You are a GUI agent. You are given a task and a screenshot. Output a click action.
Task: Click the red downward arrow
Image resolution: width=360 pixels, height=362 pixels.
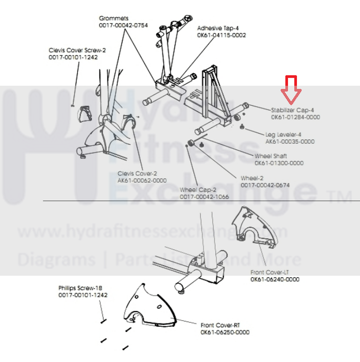[291, 89]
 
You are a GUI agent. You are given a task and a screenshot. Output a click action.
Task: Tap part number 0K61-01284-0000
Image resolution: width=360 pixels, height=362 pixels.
[295, 116]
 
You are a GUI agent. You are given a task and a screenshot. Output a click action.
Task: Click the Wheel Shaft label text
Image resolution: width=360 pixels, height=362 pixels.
[271, 156]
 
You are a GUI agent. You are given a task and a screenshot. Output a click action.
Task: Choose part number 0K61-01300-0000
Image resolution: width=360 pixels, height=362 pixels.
[279, 163]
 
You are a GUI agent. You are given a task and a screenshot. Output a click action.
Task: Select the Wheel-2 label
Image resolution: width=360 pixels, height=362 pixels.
[253, 178]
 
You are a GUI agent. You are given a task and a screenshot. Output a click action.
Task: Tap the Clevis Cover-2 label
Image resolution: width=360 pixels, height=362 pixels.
[137, 173]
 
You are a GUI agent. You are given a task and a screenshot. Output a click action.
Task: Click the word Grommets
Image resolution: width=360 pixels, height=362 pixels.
[113, 18]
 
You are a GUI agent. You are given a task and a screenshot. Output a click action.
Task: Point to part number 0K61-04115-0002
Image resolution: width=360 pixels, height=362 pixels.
[221, 35]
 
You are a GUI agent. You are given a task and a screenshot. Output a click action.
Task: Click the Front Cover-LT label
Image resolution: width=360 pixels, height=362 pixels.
[269, 272]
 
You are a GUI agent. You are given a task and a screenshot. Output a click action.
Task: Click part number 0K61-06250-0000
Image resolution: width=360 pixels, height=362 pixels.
[225, 332]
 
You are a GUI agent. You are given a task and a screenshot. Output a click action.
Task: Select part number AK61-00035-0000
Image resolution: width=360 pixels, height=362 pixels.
[290, 141]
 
